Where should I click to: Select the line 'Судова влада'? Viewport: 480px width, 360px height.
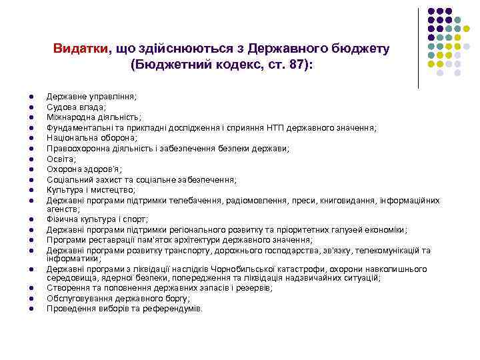[75, 107]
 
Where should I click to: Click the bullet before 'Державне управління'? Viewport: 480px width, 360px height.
[31, 97]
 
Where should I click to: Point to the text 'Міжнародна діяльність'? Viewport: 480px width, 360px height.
[93, 117]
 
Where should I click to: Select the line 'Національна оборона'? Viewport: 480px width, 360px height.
[91, 138]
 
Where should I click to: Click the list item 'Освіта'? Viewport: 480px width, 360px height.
[61, 159]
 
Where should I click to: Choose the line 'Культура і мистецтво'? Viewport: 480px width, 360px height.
[91, 190]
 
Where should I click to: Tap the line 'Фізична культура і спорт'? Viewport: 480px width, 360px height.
[97, 219]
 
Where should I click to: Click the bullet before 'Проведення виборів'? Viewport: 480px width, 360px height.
[31, 309]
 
